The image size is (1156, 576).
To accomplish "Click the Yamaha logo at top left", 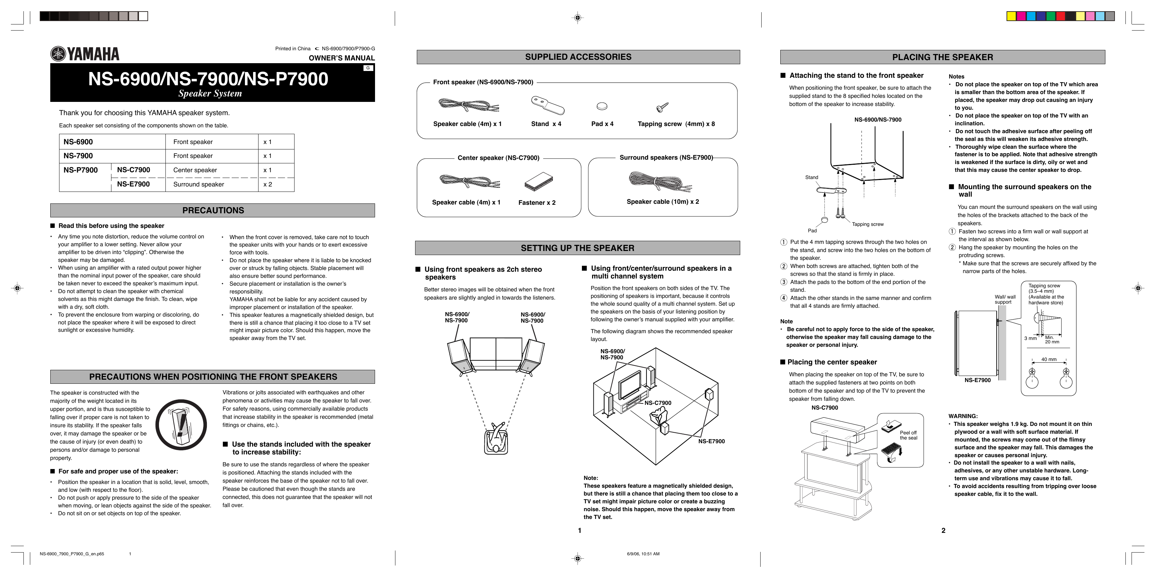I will click(x=85, y=54).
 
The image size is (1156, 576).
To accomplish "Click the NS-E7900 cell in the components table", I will click(x=133, y=184).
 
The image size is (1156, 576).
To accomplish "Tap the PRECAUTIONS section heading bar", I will click(x=213, y=210).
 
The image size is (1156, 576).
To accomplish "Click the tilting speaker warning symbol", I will click(x=181, y=425).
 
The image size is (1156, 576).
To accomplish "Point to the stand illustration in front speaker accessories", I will click(x=548, y=105).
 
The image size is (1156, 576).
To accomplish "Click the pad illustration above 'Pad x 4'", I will click(x=602, y=106).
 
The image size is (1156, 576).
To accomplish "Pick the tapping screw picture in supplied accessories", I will click(x=662, y=107).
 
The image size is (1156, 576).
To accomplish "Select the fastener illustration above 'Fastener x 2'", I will click(x=538, y=181).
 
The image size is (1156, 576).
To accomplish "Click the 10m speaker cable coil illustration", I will click(x=660, y=181).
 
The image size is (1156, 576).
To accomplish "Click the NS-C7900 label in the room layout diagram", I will click(x=658, y=403).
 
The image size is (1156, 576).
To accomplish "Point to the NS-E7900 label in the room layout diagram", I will click(x=711, y=441).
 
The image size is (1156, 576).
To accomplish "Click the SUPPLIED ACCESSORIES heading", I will click(x=578, y=57).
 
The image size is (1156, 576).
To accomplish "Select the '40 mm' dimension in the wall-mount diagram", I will click(x=1049, y=359).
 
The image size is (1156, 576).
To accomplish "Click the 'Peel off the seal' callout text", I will click(x=908, y=435).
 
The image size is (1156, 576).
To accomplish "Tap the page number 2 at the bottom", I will click(x=943, y=530).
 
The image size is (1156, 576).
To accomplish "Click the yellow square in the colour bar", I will click(x=1012, y=17).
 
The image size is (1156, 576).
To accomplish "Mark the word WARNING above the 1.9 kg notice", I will click(x=963, y=416).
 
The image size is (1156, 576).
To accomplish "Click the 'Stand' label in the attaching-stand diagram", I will click(x=811, y=177).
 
